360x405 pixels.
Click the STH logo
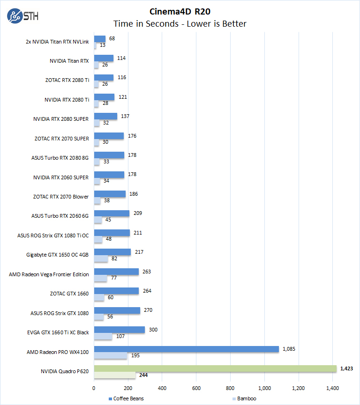23,16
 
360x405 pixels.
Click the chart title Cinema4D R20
180,11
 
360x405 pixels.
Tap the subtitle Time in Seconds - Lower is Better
180,23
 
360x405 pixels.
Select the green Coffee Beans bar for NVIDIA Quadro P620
215,368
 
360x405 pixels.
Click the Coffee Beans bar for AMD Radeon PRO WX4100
186,349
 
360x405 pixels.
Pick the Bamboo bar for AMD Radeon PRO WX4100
110,356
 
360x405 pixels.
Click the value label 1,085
289,349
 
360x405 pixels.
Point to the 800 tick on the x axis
230,388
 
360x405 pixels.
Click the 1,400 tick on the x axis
332,388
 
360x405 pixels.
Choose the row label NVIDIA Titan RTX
69,61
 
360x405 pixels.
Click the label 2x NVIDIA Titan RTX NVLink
57,41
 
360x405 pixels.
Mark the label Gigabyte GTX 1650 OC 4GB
58,255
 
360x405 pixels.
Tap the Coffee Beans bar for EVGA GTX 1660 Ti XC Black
119,330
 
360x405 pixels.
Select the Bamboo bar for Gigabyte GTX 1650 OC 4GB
101,259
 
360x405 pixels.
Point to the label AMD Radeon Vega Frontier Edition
49,274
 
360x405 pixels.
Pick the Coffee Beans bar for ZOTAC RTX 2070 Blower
110,194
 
